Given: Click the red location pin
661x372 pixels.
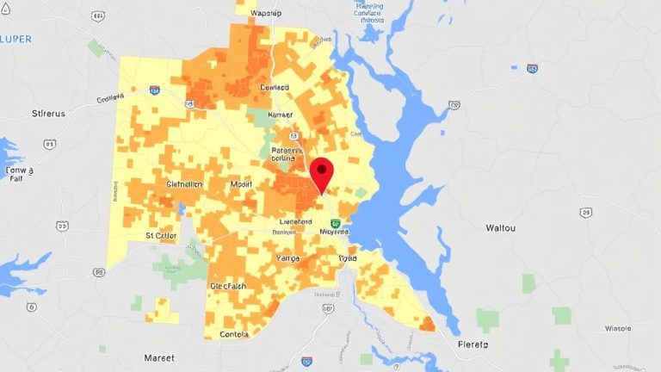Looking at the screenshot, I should point(322,172).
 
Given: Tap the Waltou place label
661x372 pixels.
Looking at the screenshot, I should point(501,227).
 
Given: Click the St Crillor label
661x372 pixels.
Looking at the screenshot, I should point(161,234).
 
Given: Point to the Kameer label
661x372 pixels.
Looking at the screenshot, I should point(281,115).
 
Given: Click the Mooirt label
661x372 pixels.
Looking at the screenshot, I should point(242,184).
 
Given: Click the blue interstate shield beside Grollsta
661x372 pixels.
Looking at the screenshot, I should point(154,90).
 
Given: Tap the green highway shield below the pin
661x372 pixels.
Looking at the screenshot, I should point(336,224).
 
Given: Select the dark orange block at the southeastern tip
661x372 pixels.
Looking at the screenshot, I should point(426,324).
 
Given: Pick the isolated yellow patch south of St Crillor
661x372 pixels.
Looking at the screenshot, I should point(161,308).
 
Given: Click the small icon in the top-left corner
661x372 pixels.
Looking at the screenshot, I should point(8,8).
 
